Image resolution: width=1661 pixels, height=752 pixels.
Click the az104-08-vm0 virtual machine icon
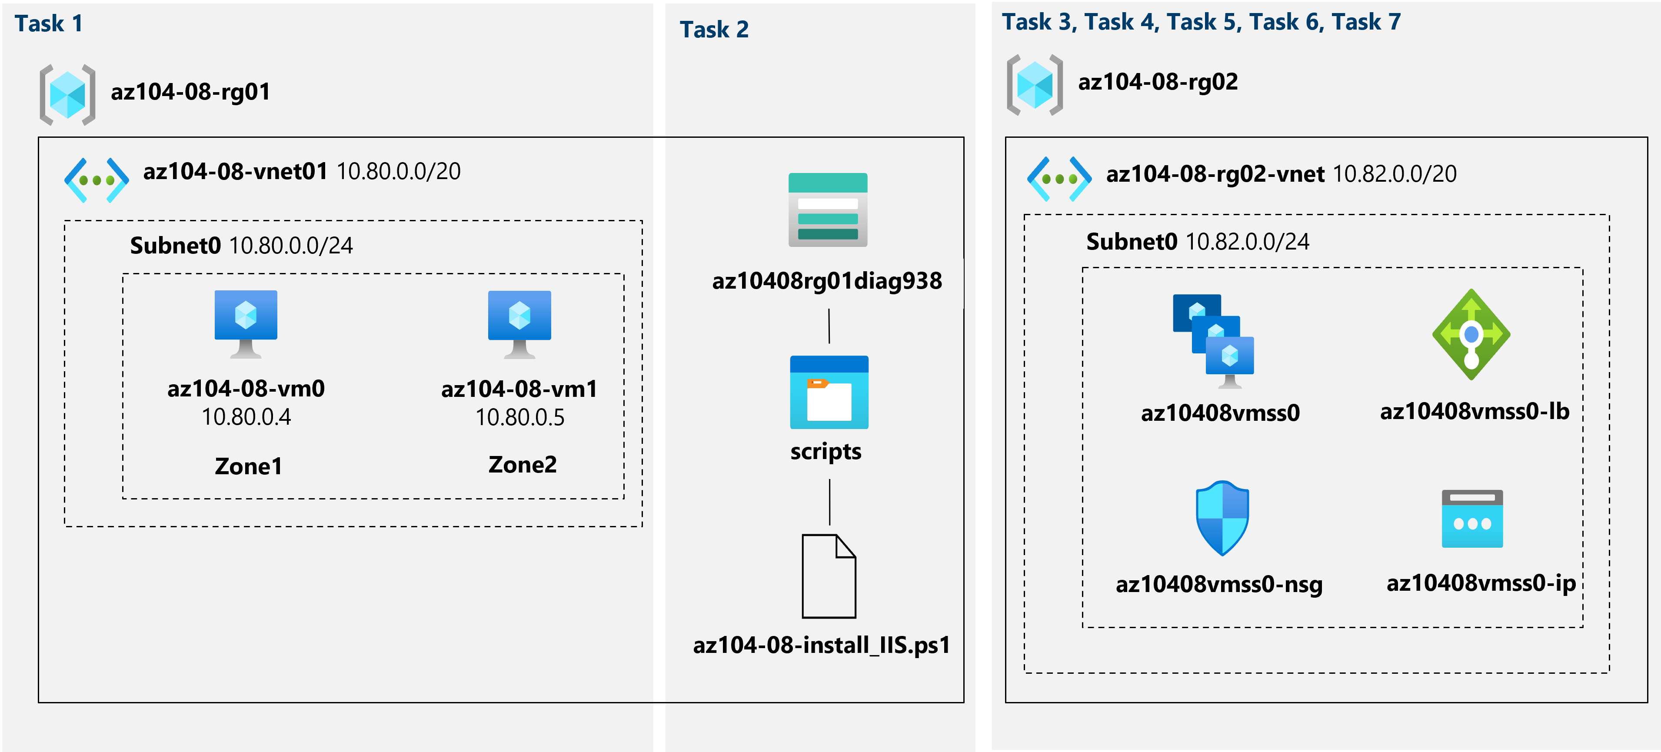[246, 323]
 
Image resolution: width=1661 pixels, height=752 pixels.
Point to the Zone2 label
[522, 464]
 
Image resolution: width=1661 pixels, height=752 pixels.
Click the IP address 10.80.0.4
[246, 417]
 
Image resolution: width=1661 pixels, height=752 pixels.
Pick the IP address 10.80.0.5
[520, 418]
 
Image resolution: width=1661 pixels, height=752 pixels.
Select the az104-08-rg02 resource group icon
[1034, 84]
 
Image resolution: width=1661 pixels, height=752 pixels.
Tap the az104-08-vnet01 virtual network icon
[96, 180]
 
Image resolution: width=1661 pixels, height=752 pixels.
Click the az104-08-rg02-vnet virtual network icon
[1059, 179]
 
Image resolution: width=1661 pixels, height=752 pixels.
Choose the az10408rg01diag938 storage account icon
[828, 210]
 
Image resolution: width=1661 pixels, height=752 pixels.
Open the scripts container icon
[829, 392]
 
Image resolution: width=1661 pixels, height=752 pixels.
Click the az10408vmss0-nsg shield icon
[1222, 518]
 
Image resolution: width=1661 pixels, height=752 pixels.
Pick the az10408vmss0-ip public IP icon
[1472, 519]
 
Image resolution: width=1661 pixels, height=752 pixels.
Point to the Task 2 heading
[714, 30]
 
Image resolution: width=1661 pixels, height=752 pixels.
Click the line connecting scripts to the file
[830, 502]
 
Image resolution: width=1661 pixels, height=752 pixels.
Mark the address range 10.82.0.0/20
[1394, 174]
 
